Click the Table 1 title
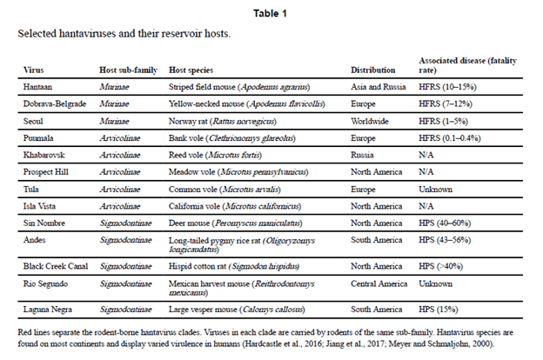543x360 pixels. tap(271, 14)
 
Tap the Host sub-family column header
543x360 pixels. tap(125, 70)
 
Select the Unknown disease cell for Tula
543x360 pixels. tap(435, 188)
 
